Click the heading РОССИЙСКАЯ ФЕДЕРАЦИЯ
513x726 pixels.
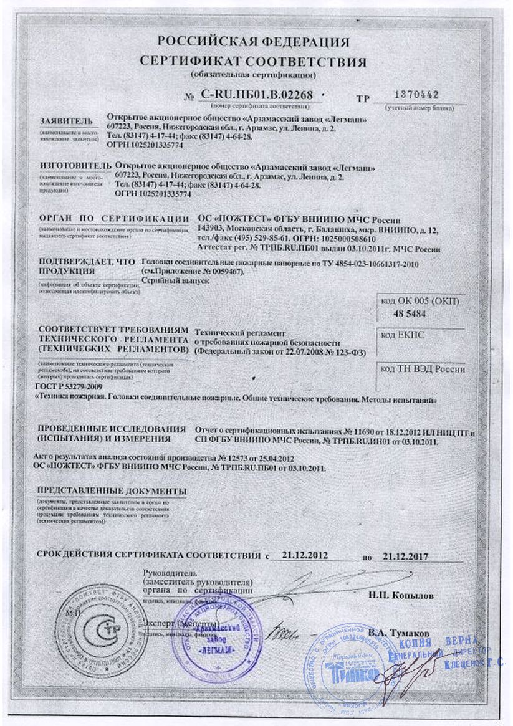253,42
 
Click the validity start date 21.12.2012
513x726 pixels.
305,553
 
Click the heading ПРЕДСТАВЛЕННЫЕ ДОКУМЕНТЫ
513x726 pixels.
112,489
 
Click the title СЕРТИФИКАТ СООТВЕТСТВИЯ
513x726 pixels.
252,62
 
